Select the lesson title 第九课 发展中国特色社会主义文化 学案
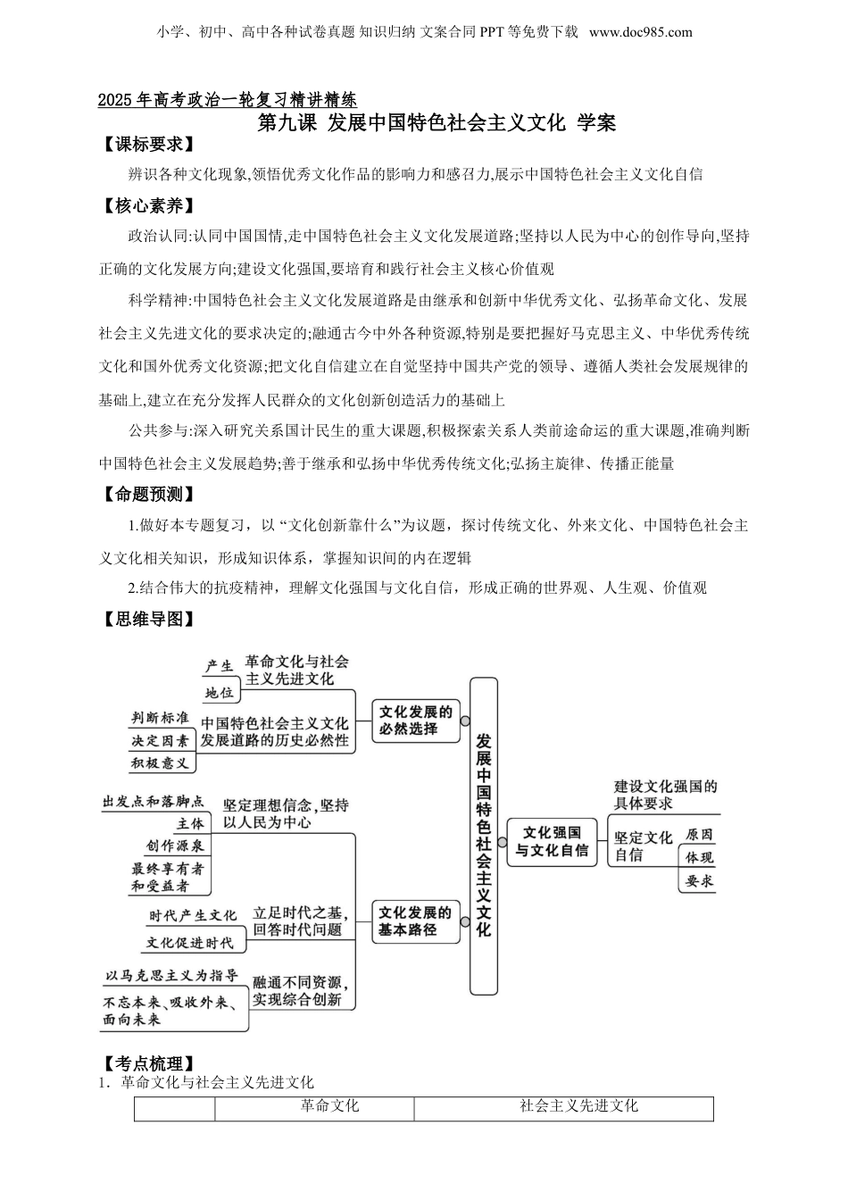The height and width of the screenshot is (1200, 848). tap(436, 123)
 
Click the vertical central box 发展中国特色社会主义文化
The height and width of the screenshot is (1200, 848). tap(484, 835)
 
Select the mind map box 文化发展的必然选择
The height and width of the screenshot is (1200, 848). tap(415, 721)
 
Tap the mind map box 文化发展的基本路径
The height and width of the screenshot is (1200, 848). tap(415, 921)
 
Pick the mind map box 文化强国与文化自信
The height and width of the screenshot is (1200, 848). tap(551, 841)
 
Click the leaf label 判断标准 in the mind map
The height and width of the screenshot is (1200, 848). tap(160, 718)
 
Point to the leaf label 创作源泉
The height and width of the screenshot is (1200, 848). tap(175, 846)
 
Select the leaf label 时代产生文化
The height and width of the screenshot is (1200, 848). tap(193, 916)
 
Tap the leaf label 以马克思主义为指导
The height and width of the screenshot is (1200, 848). tap(171, 975)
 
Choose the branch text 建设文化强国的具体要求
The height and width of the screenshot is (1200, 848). tap(665, 795)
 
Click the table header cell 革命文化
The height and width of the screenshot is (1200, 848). tap(329, 1106)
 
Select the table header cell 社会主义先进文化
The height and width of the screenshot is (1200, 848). tap(579, 1106)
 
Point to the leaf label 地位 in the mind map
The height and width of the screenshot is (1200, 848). tap(219, 693)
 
